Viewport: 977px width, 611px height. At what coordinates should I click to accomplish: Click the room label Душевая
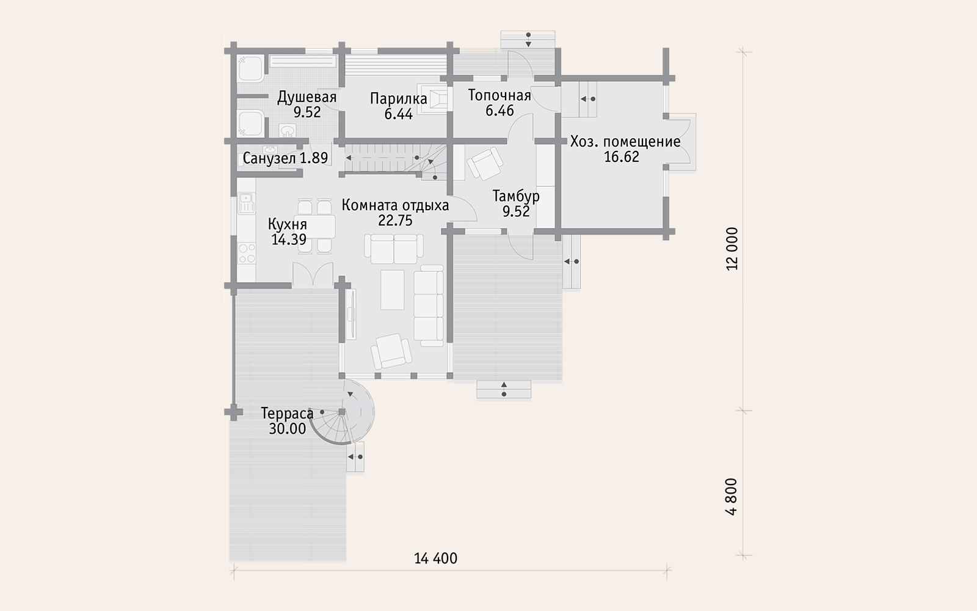(x=307, y=97)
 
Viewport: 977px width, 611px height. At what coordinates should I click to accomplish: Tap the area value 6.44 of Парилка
(x=399, y=114)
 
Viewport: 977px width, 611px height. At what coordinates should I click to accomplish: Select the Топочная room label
(x=499, y=95)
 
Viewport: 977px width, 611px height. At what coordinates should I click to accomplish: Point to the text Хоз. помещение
(x=625, y=141)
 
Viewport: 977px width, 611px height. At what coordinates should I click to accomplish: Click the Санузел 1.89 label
(x=285, y=158)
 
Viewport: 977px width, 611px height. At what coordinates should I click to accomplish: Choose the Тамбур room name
(x=516, y=196)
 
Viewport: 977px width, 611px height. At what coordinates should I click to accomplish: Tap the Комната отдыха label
(x=395, y=205)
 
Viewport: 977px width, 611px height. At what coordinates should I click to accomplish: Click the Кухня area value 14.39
(x=289, y=239)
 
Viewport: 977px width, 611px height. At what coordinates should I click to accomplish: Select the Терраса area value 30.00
(x=287, y=428)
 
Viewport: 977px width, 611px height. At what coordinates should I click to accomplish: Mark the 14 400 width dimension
(x=436, y=558)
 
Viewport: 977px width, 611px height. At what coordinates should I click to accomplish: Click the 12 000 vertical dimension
(x=732, y=249)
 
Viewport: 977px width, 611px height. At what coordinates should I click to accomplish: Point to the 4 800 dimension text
(x=732, y=497)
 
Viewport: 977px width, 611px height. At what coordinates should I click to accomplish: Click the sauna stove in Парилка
(x=433, y=98)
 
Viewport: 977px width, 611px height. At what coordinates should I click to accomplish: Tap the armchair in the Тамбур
(x=485, y=163)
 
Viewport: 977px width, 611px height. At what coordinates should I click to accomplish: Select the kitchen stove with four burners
(x=247, y=254)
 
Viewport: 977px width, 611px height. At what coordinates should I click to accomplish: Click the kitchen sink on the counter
(x=247, y=203)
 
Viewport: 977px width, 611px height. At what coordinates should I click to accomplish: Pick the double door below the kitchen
(x=313, y=274)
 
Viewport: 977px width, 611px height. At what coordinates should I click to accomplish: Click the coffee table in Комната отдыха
(x=392, y=290)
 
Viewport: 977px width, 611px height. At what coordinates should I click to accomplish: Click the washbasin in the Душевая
(x=288, y=131)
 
